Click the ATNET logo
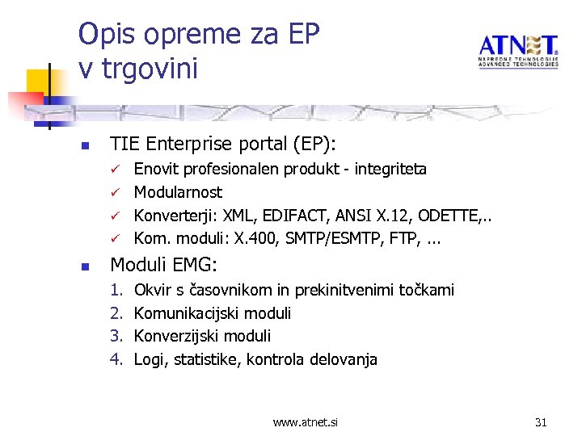pyautogui.click(x=517, y=50)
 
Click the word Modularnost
pyautogui.click(x=178, y=192)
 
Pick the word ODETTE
pyautogui.click(x=446, y=215)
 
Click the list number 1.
pyautogui.click(x=116, y=290)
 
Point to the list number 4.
pyautogui.click(x=116, y=359)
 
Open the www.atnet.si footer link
pyautogui.click(x=306, y=421)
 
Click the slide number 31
pyautogui.click(x=541, y=421)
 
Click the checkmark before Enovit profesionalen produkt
pyautogui.click(x=116, y=170)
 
